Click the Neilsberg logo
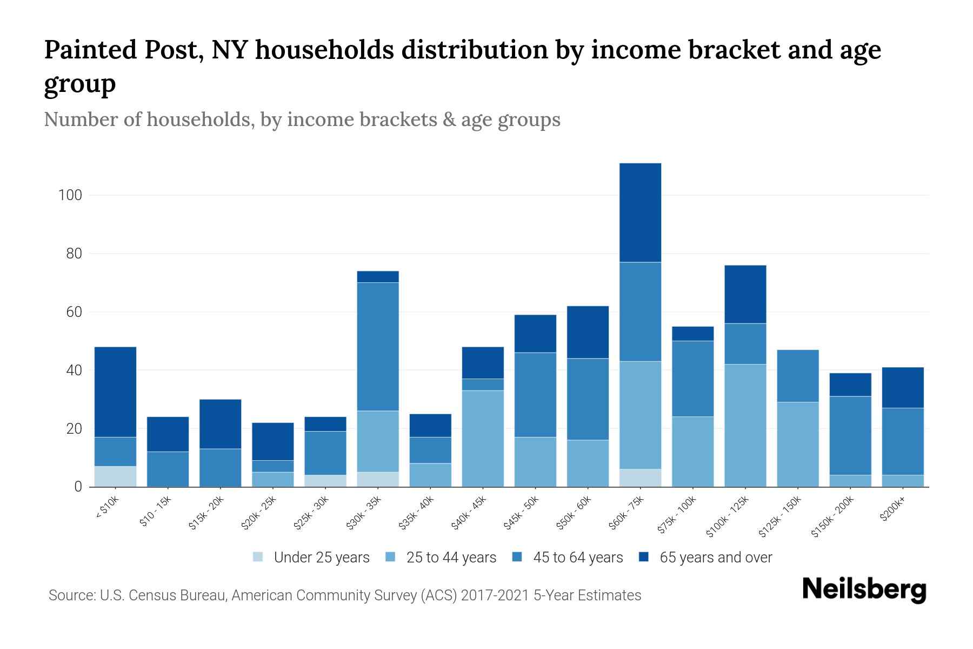pos(864,590)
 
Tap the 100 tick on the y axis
pos(70,195)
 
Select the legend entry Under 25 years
pos(322,558)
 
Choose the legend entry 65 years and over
pos(716,558)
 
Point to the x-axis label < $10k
pos(106,508)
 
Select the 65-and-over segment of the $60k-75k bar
pos(640,213)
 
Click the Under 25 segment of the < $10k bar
pos(115,476)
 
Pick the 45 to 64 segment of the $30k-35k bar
pos(378,347)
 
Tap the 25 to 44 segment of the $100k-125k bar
pos(745,426)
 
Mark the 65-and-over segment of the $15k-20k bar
pos(220,424)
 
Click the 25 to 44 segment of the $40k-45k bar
pos(483,439)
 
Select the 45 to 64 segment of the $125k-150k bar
pos(797,376)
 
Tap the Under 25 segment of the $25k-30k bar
pos(325,481)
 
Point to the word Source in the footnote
pos(71,595)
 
